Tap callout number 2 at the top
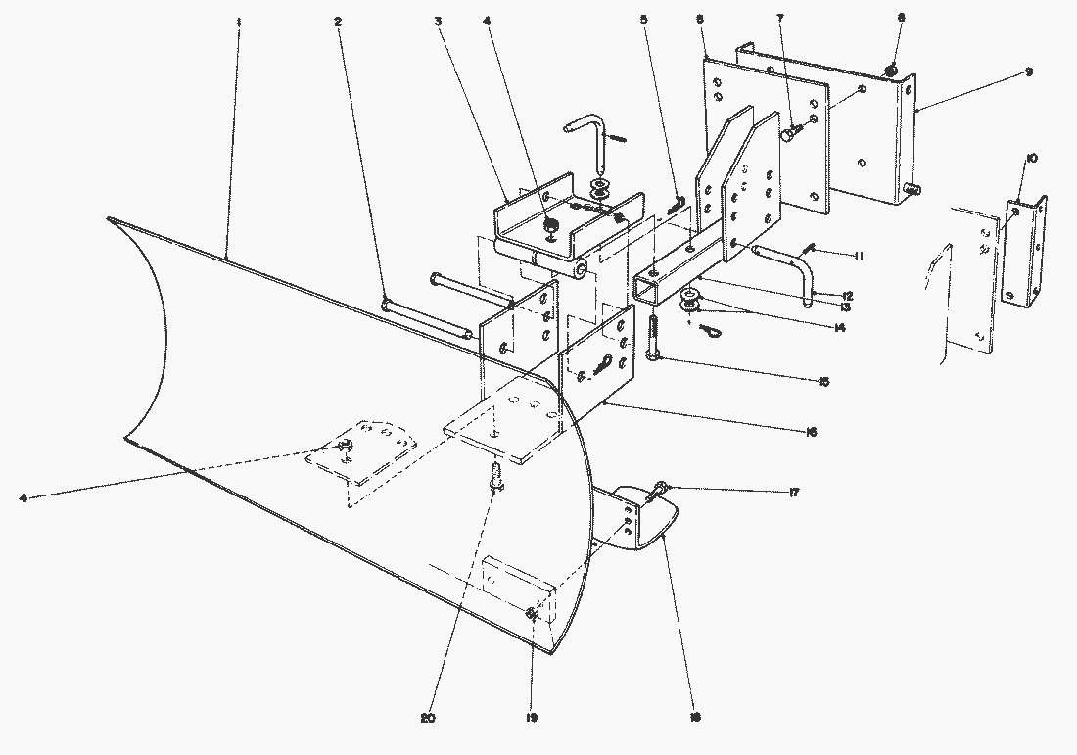click(x=337, y=21)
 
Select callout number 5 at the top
click(x=643, y=21)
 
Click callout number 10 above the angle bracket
click(x=1033, y=159)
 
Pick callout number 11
click(x=857, y=257)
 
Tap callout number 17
click(x=794, y=493)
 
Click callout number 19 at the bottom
click(x=530, y=718)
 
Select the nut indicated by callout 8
click(x=892, y=70)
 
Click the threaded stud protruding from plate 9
click(x=913, y=187)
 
